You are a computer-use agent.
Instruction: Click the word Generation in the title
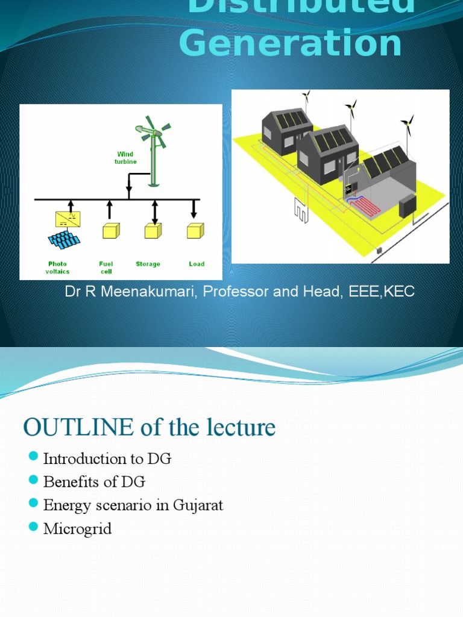(x=291, y=43)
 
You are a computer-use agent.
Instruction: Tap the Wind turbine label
(x=125, y=158)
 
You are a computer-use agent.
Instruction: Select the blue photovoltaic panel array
(x=64, y=240)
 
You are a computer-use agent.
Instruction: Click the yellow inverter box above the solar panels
(x=68, y=219)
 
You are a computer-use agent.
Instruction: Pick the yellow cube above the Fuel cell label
(x=111, y=231)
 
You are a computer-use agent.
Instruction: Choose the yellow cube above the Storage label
(x=153, y=231)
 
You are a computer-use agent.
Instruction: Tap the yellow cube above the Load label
(x=195, y=231)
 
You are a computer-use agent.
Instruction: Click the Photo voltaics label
(x=57, y=268)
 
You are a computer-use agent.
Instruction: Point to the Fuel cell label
(x=106, y=268)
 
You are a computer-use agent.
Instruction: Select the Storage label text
(x=148, y=264)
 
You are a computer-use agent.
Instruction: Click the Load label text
(x=197, y=264)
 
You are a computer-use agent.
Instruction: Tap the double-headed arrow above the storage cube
(x=155, y=213)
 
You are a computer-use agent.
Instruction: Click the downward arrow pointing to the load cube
(x=194, y=209)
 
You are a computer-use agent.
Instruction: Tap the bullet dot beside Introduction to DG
(x=34, y=456)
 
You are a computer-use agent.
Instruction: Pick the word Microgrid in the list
(x=78, y=529)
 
